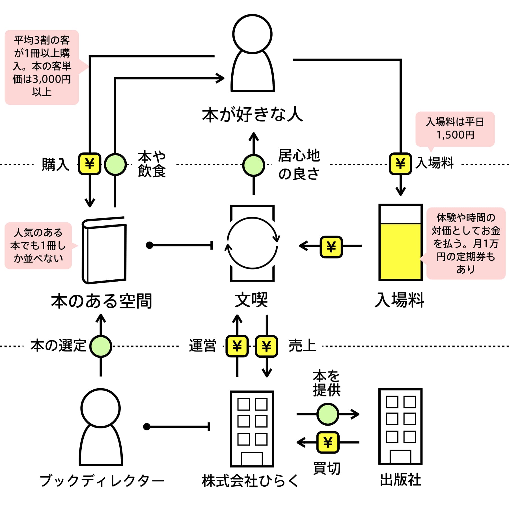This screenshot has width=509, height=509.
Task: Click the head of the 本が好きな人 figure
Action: click(x=252, y=34)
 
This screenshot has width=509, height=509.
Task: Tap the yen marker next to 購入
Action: click(x=90, y=164)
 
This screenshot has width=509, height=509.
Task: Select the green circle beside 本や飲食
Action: click(x=115, y=164)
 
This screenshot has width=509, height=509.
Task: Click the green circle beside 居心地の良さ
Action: click(x=254, y=165)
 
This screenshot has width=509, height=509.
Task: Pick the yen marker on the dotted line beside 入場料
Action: click(x=400, y=164)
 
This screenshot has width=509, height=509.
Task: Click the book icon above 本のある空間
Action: click(x=104, y=250)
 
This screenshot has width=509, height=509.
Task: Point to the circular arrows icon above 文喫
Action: click(x=253, y=243)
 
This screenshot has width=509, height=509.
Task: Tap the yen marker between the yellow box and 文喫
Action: click(x=331, y=247)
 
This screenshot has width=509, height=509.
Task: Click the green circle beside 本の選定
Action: click(x=101, y=346)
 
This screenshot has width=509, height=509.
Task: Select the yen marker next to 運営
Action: click(x=237, y=346)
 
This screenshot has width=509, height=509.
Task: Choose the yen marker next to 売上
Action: click(x=266, y=346)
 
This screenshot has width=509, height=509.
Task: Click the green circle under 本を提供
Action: click(x=328, y=414)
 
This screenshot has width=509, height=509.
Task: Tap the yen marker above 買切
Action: click(x=328, y=442)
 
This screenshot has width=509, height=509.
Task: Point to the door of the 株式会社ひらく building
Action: click(x=252, y=459)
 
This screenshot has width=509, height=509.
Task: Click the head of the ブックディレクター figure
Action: click(x=101, y=408)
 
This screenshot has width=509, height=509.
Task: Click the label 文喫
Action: click(x=251, y=300)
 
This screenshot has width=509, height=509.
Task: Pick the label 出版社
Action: click(x=400, y=480)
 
